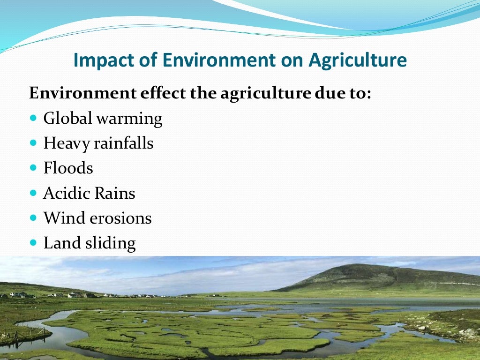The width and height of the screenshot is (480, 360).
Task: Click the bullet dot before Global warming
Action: (33, 118)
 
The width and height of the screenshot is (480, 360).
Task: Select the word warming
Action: (129, 119)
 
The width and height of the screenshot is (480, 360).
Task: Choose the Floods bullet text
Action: (68, 168)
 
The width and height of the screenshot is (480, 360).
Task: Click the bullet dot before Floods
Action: (33, 168)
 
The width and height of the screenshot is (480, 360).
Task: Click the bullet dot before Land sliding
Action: (33, 243)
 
